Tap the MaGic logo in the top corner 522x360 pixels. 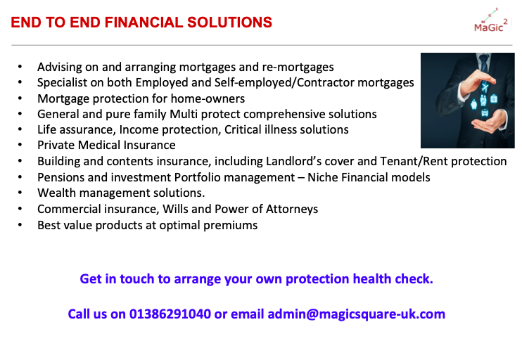point(491,20)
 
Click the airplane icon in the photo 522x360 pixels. point(485,88)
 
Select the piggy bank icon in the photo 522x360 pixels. point(473,105)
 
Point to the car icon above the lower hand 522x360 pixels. point(485,112)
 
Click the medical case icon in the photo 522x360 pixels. point(494,99)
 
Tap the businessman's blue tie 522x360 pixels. point(484,63)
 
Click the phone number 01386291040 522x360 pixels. point(170,314)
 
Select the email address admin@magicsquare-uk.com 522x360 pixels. point(356,314)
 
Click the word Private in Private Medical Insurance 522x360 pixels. point(56,145)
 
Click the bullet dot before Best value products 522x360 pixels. point(20,225)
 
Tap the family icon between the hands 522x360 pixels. point(483,100)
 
